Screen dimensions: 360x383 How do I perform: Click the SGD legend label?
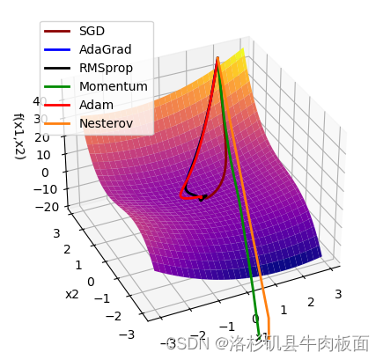92,32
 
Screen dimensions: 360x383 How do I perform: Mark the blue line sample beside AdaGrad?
58,49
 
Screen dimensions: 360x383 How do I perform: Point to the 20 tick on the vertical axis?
41,137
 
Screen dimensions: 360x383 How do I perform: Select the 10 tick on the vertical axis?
41,155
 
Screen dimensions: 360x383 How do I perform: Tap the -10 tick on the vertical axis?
38,189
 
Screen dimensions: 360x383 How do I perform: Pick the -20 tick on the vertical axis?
38,207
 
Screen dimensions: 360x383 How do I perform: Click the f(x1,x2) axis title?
18,136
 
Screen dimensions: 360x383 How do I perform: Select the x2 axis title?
72,294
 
